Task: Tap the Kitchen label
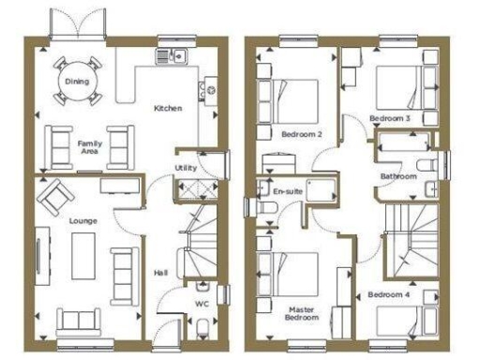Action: coord(168,109)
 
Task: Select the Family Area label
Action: coord(90,146)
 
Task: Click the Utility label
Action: coord(186,169)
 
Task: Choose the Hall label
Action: coord(160,273)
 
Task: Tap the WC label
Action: coord(201,305)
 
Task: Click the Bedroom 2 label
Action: coord(306,134)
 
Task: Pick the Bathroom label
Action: coord(397,176)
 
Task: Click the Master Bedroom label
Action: coord(302,312)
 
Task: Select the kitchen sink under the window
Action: coord(173,55)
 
